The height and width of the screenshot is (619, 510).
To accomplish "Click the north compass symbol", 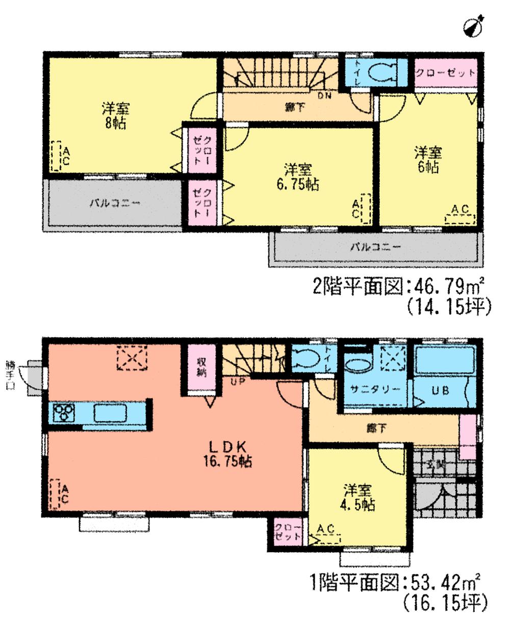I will (474, 26).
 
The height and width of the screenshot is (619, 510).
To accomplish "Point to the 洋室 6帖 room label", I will (427, 159).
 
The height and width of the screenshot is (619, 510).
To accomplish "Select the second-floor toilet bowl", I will (380, 72).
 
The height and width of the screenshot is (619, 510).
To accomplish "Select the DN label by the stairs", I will (324, 96).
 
